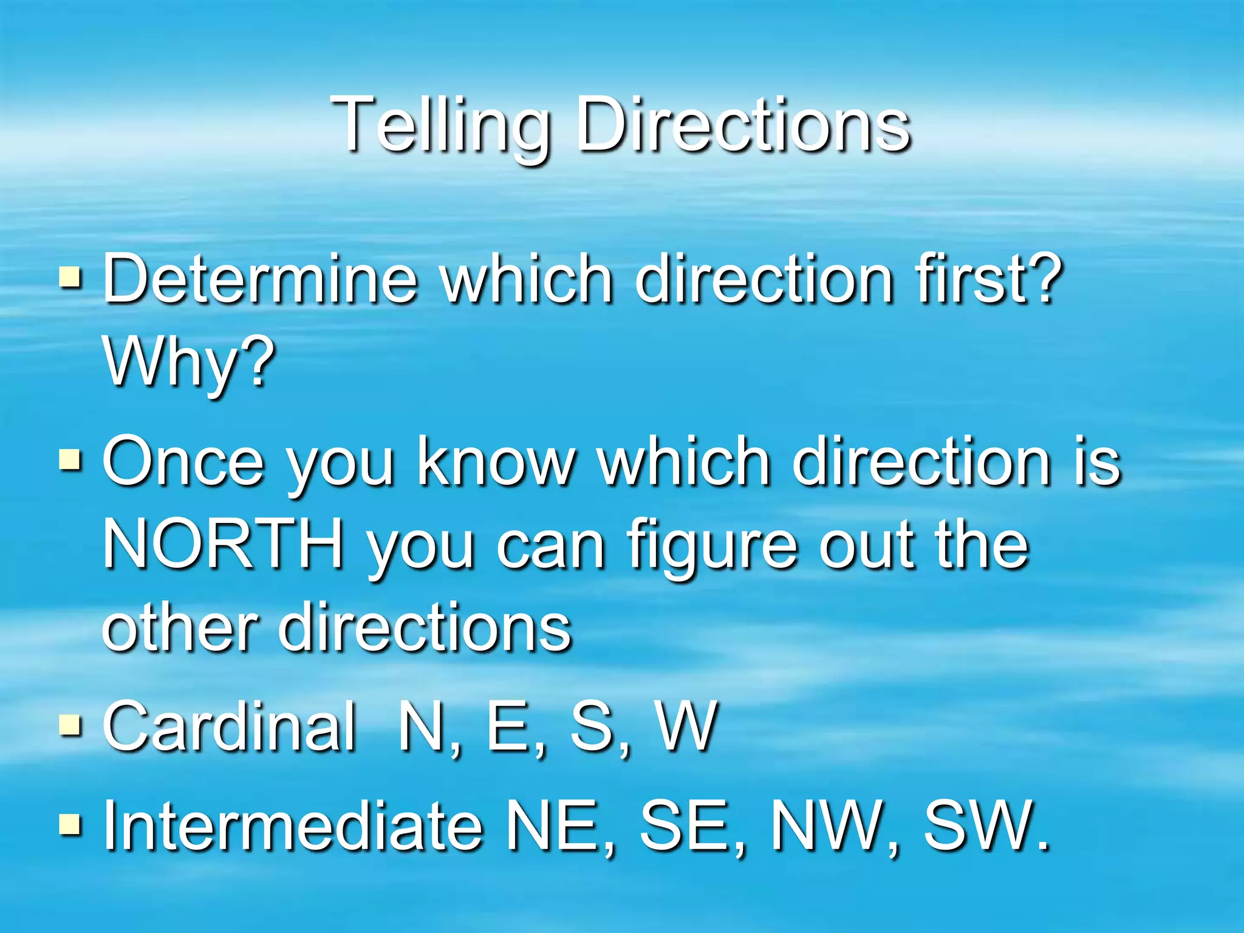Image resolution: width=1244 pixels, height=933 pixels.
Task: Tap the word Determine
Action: tap(260, 279)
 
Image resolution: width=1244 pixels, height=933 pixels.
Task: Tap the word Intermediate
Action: tap(292, 825)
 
